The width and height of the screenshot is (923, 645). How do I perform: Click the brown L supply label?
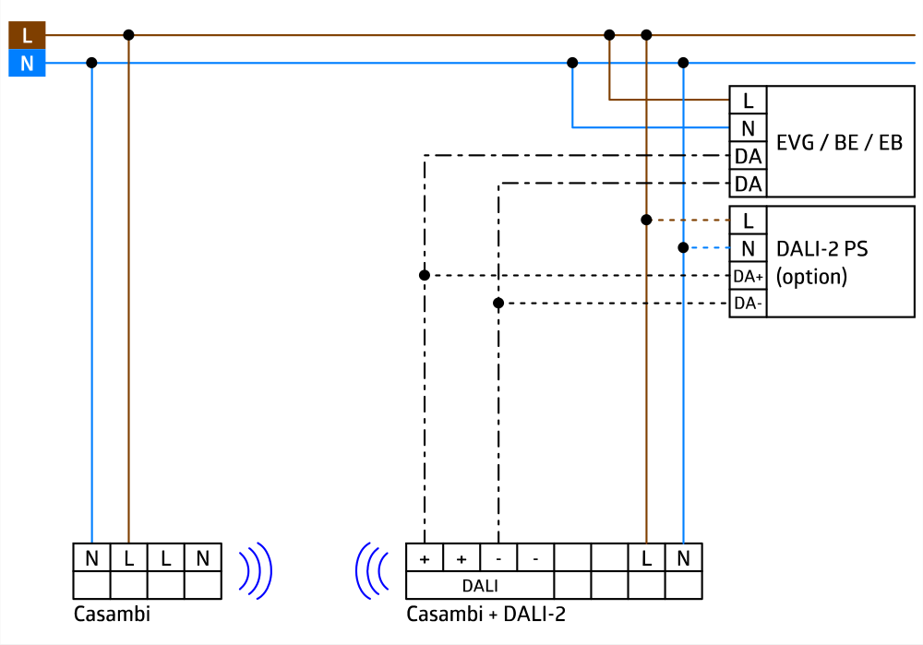27,36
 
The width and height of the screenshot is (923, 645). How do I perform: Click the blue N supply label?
27,64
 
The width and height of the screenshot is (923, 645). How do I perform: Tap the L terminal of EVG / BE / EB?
748,101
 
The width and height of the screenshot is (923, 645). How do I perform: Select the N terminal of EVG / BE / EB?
748,128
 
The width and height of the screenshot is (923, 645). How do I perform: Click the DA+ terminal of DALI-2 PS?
748,276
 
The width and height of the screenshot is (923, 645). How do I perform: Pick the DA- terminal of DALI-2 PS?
748,304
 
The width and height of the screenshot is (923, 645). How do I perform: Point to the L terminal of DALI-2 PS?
748,221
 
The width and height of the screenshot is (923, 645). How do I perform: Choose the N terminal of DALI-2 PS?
748,248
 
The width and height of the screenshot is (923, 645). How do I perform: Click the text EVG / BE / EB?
839,143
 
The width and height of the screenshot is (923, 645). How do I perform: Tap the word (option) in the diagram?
811,276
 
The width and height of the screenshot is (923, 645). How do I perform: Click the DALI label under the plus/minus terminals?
480,585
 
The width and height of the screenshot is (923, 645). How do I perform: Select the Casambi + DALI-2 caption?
485,615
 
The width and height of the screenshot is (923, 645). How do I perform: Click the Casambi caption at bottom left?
111,615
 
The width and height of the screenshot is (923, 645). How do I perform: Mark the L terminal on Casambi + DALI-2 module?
646,558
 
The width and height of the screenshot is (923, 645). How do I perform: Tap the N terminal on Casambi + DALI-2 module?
683,558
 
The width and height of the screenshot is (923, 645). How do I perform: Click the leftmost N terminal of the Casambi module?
91,558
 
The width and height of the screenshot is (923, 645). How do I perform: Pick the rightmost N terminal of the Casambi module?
202,558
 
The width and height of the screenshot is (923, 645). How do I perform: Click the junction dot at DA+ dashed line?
425,275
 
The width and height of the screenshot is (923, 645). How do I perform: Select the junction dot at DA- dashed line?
498,303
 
